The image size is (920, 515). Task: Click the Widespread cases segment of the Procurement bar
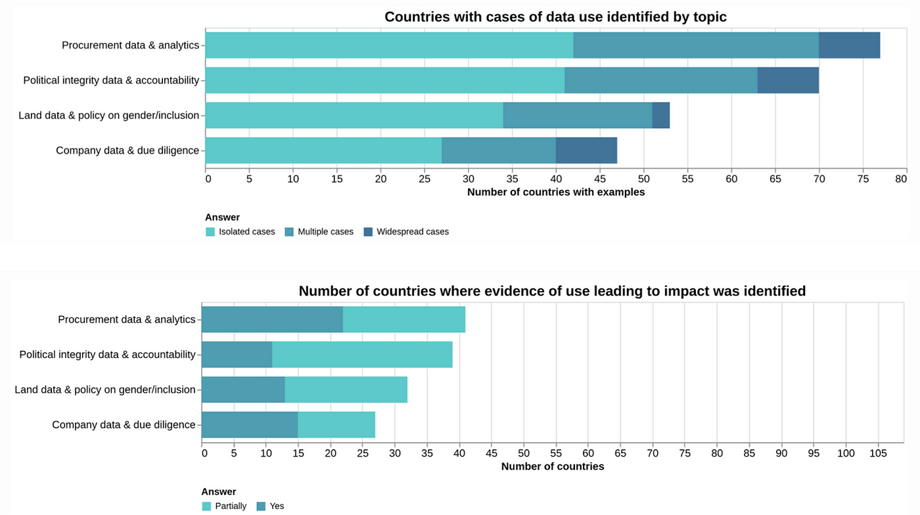coord(849,45)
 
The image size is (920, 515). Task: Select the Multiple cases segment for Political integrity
coord(660,80)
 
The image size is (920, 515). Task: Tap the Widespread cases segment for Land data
coord(660,115)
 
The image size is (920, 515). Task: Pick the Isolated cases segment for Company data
coord(323,150)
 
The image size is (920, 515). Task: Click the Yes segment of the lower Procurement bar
coord(272,319)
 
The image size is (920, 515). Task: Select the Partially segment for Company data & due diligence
coord(336,424)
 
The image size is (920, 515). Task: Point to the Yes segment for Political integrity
coord(237,355)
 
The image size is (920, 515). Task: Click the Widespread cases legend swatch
coord(368,232)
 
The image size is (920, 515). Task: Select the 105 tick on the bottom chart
coord(878,453)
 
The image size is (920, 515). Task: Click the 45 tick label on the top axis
coord(599,178)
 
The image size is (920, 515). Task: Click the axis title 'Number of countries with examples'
coord(555,192)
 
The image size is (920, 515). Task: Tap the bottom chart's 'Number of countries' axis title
coord(552,466)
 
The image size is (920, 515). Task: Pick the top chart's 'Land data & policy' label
coord(108,115)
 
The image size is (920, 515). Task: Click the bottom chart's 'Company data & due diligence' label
coord(124,424)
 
